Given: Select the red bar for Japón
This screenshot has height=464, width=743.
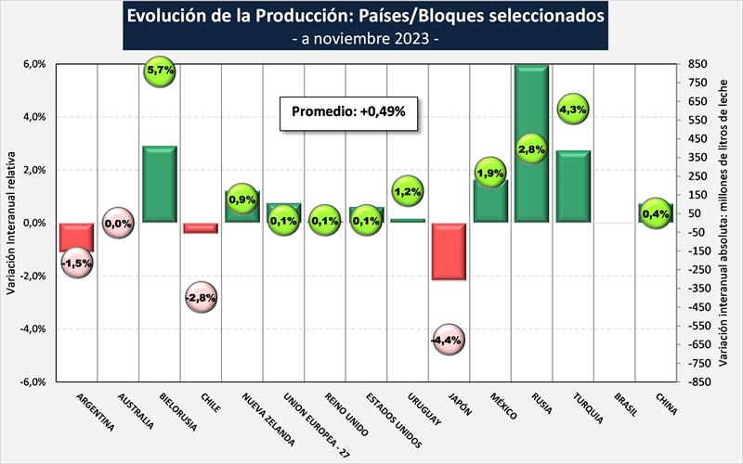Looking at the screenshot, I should click(450, 251).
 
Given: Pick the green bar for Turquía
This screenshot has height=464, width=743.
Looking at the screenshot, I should click(574, 187).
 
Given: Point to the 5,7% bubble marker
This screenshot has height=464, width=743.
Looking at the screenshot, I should click(161, 71).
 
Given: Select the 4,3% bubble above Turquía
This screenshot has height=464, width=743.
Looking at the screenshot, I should click(572, 110).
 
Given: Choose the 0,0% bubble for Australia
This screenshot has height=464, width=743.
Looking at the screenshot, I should click(118, 224).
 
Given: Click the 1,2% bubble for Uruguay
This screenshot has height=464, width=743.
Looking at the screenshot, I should click(408, 192).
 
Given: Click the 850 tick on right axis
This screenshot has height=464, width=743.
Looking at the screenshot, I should click(699, 65).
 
